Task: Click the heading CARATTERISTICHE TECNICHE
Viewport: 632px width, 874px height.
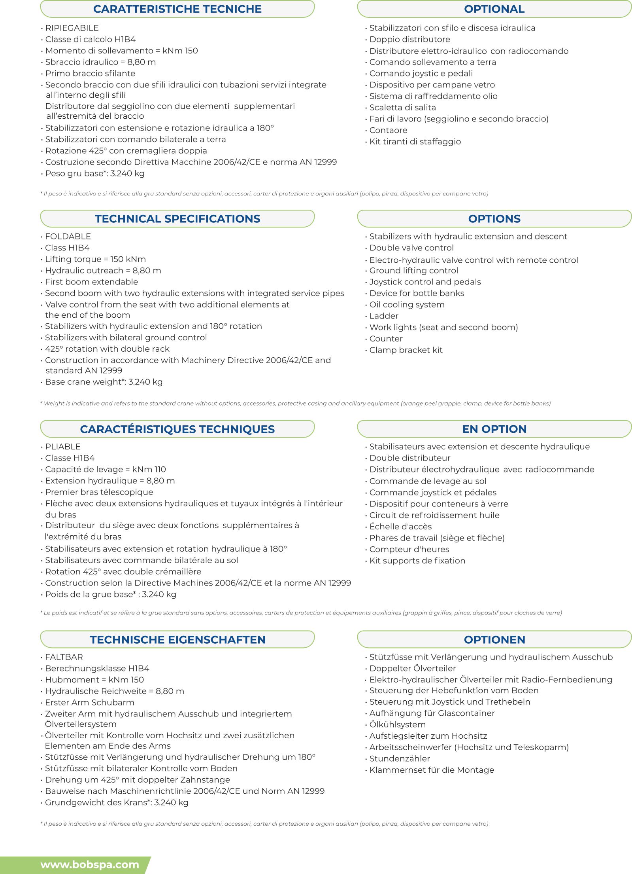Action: tap(177, 9)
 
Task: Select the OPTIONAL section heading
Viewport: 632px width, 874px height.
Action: tap(494, 9)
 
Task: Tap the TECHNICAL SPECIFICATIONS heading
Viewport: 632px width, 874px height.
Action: tap(177, 219)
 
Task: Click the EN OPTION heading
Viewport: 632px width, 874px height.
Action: tap(494, 429)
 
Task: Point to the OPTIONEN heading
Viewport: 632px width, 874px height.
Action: tap(494, 639)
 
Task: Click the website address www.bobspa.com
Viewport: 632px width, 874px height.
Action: tap(90, 865)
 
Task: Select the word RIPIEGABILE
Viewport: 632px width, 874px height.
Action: tap(72, 28)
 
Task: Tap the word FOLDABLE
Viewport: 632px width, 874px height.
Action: tap(68, 237)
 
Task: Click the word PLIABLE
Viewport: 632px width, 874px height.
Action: tap(63, 447)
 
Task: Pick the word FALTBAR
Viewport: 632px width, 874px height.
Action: tap(64, 657)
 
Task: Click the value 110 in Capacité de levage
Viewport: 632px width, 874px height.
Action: tap(160, 469)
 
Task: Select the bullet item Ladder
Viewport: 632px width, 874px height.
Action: tap(384, 316)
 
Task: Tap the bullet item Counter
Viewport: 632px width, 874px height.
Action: tap(386, 339)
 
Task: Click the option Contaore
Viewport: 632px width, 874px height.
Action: tap(388, 130)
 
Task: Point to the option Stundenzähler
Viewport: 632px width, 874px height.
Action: tap(400, 758)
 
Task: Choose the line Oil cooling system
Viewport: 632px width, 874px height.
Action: tap(407, 305)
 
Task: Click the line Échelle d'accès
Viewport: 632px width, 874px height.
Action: tap(400, 527)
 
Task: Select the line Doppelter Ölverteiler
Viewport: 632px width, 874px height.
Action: tap(412, 668)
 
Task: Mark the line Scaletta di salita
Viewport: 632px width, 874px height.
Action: tap(402, 108)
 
